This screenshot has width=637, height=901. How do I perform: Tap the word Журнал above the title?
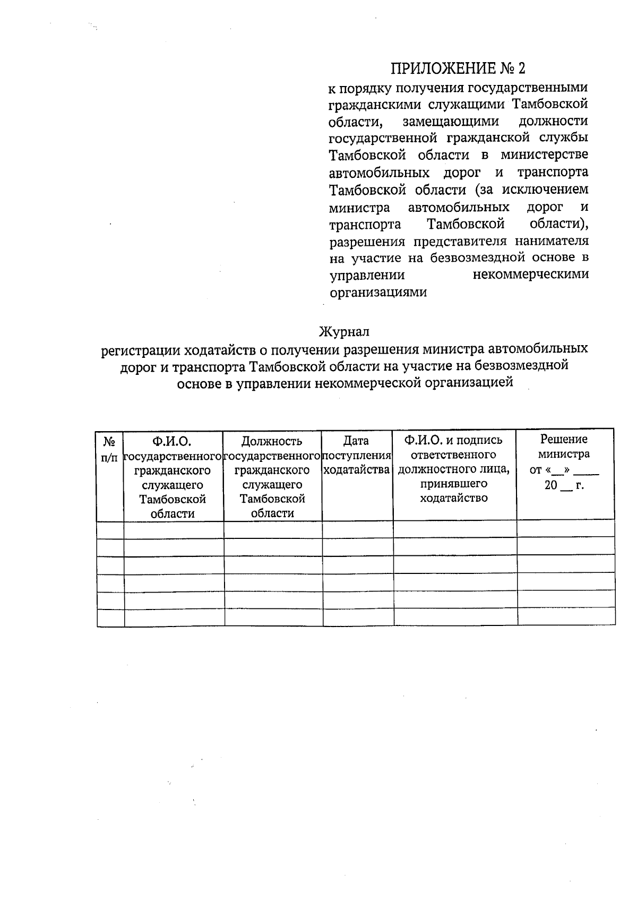click(x=343, y=332)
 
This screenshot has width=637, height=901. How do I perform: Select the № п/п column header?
click(x=109, y=449)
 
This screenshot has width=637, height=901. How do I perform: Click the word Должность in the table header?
click(x=272, y=441)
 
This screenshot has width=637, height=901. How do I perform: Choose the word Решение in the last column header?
click(x=564, y=439)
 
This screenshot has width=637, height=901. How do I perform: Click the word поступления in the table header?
click(x=357, y=456)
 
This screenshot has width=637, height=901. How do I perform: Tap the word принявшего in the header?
click(x=454, y=484)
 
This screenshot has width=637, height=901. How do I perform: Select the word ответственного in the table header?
click(x=453, y=455)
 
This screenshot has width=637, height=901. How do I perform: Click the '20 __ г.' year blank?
click(x=564, y=485)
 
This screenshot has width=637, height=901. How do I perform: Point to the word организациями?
click(x=378, y=293)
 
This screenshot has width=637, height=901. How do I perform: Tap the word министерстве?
click(x=544, y=155)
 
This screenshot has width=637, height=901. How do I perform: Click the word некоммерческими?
click(x=530, y=275)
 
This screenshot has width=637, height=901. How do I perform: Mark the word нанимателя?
click(x=552, y=241)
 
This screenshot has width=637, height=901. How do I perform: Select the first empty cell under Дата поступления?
click(x=357, y=529)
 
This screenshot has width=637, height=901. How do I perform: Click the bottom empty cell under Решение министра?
click(x=566, y=617)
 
